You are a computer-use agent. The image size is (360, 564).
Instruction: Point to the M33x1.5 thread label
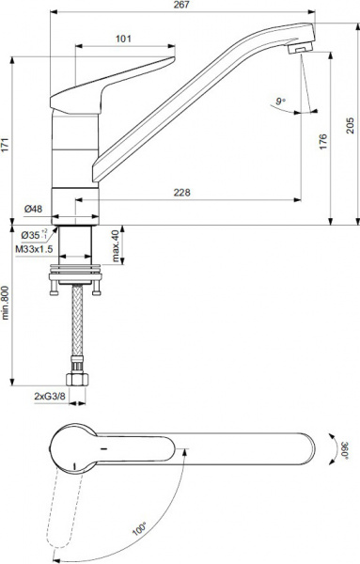coord(34,250)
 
